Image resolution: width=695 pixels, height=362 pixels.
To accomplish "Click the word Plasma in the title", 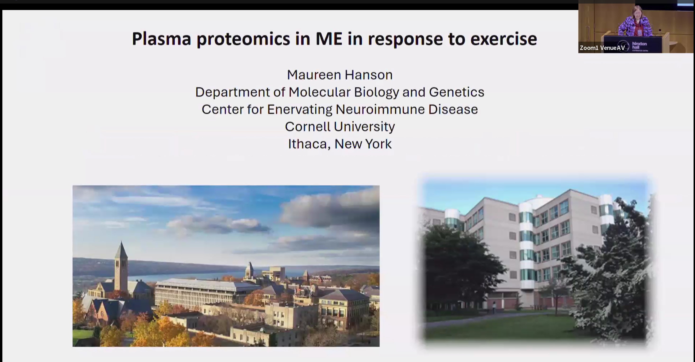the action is click(x=161, y=39).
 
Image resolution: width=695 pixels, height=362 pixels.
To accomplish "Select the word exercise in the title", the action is click(x=504, y=39).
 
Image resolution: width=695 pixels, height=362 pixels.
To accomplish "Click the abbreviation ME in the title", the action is click(x=329, y=39).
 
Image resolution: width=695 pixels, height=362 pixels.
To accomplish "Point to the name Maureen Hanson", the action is click(x=340, y=75).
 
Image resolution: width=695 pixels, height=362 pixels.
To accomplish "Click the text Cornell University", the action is click(x=340, y=127).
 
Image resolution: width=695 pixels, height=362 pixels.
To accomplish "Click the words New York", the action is click(x=363, y=144).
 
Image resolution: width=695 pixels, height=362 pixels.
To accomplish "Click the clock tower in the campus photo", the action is click(x=121, y=267).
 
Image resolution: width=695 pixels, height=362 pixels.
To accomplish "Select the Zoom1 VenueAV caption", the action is click(x=602, y=48).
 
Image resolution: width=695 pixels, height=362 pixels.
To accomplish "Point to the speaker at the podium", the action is click(x=636, y=22).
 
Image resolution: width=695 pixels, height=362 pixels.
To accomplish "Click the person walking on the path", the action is click(x=494, y=308).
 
